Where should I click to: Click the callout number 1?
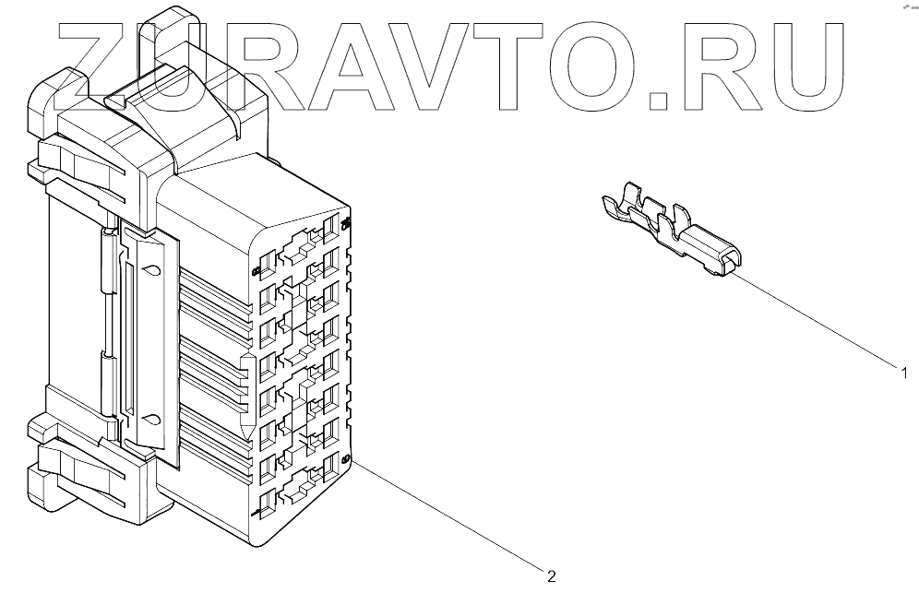905,374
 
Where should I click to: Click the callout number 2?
551,577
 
